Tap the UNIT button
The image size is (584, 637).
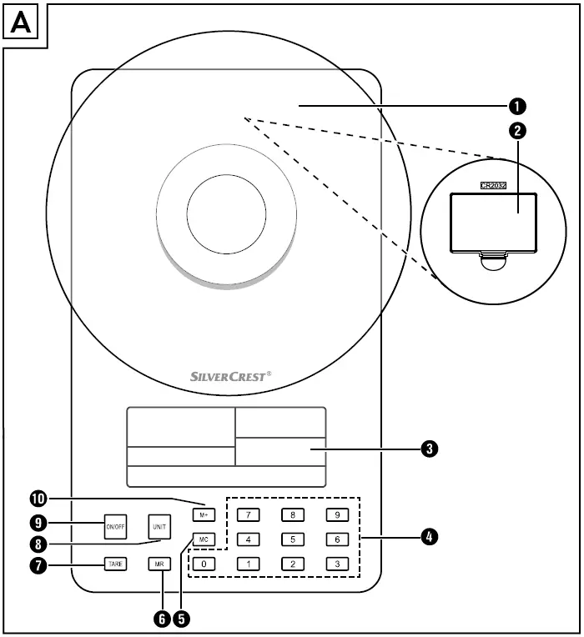pyautogui.click(x=159, y=527)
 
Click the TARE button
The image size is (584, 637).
pyautogui.click(x=115, y=564)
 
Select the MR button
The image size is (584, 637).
pyautogui.click(x=159, y=564)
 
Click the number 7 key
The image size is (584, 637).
pyautogui.click(x=248, y=514)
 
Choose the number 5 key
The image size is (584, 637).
pyautogui.click(x=292, y=539)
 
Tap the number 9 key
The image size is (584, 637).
pyautogui.click(x=336, y=514)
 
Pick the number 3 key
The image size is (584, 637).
pyautogui.click(x=336, y=564)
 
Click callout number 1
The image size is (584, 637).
pyautogui.click(x=519, y=106)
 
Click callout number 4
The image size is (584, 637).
pyautogui.click(x=429, y=536)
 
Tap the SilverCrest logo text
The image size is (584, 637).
pyautogui.click(x=225, y=377)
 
